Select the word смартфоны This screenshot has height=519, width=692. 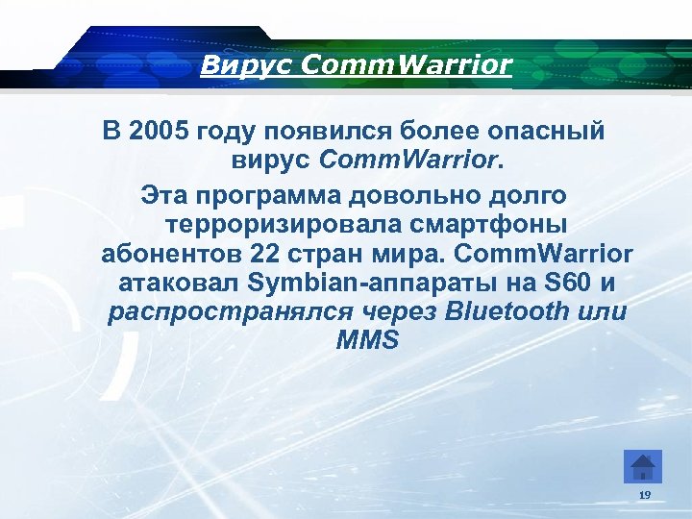500,226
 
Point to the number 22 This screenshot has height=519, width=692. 263,255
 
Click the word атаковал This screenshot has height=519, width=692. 179,284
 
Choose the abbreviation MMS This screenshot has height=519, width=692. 367,340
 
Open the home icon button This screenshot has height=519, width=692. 643,466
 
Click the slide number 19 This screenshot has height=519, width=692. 644,494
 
